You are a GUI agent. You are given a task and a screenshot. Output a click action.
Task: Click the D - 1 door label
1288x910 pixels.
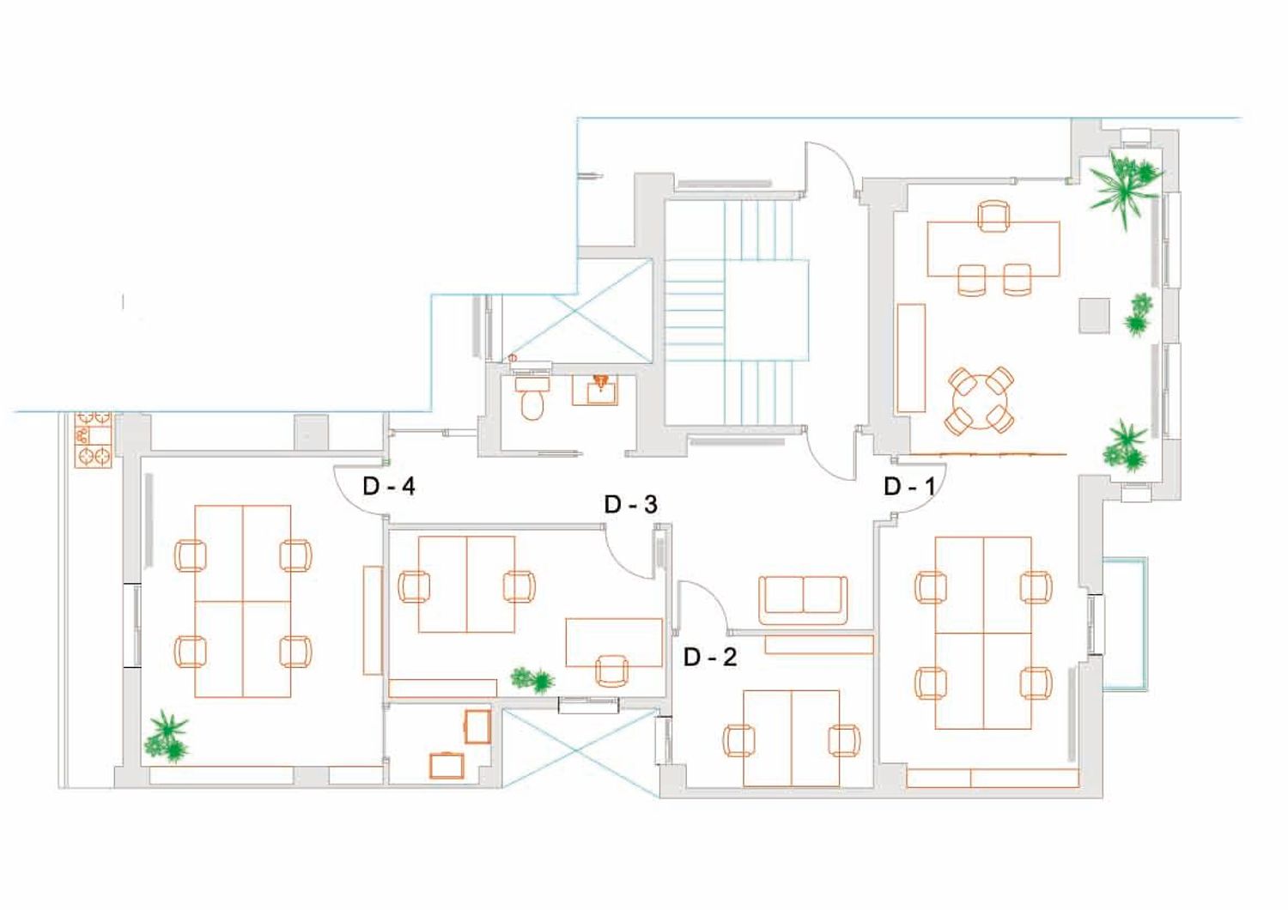tap(909, 487)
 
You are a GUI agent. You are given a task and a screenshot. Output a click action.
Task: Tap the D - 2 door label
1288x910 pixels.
tap(710, 657)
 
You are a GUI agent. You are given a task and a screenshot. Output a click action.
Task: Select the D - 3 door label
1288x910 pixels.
tap(631, 504)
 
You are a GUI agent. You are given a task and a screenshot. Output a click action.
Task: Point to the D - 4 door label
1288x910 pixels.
tap(389, 487)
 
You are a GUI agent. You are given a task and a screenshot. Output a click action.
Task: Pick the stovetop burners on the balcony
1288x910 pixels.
tap(93, 440)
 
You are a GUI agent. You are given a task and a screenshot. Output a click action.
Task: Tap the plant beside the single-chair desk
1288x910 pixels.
tap(533, 680)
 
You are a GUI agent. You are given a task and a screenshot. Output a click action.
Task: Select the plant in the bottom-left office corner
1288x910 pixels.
tap(167, 737)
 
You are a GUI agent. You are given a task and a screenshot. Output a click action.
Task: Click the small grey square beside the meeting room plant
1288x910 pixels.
tap(1094, 316)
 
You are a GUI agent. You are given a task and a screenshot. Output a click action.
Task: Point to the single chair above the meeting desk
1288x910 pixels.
tap(993, 216)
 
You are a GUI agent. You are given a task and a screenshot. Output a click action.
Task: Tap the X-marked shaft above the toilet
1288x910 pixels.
tap(577, 311)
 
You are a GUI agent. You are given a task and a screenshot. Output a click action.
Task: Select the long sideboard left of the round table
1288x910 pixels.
tap(911, 358)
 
